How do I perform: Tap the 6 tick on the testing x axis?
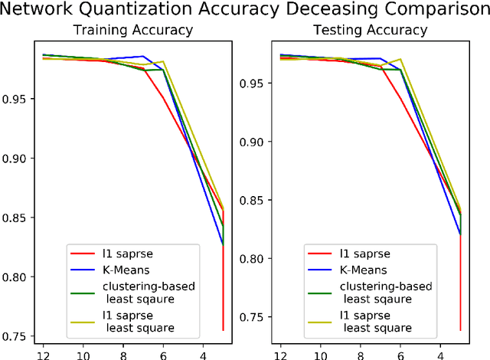click(400, 354)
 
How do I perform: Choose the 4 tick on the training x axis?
click(202, 354)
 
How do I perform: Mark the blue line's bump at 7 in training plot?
click(143, 56)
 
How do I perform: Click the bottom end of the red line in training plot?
click(224, 330)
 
